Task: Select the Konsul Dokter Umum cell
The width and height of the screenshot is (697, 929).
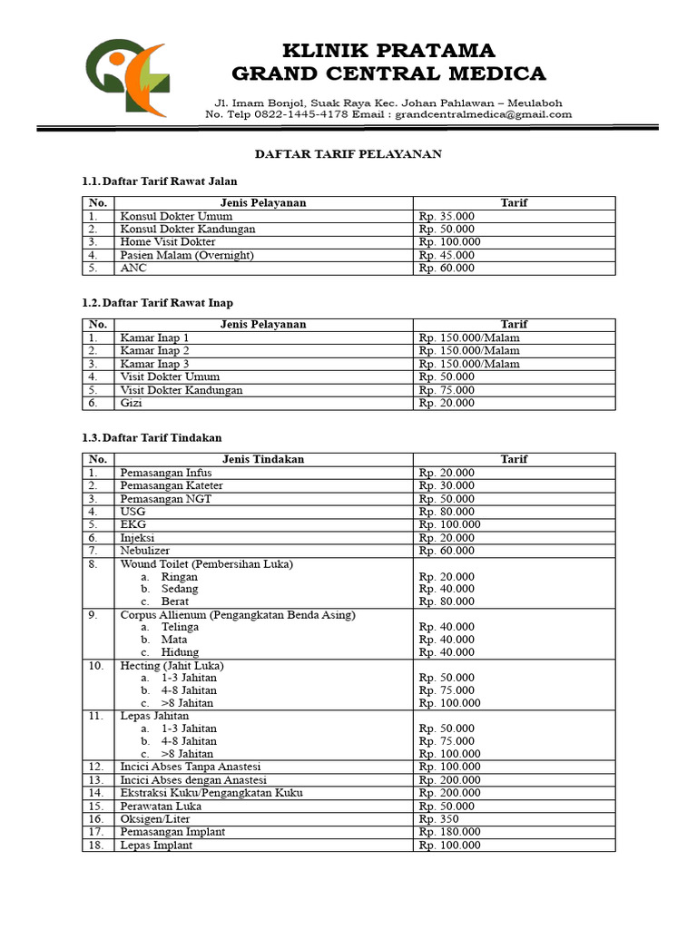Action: pyautogui.click(x=176, y=217)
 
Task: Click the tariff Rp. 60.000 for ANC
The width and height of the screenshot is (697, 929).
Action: pyautogui.click(x=447, y=269)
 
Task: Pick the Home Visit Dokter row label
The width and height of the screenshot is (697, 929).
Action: pyautogui.click(x=168, y=242)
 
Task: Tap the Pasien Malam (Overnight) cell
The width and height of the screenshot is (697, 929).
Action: pyautogui.click(x=187, y=256)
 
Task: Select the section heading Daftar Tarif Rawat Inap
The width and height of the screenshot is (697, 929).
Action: pyautogui.click(x=163, y=303)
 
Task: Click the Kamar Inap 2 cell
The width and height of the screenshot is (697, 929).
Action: pyautogui.click(x=155, y=350)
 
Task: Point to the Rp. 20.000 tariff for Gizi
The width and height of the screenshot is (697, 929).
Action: pyautogui.click(x=447, y=404)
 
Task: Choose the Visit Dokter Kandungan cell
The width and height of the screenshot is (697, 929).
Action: pyautogui.click(x=182, y=390)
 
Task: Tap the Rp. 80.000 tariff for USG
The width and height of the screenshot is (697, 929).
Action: pyautogui.click(x=447, y=512)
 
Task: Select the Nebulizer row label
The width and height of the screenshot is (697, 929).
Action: pyautogui.click(x=145, y=551)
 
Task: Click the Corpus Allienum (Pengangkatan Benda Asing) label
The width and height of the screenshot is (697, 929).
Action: pyautogui.click(x=238, y=615)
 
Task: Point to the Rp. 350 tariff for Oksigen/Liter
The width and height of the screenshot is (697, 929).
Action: pyautogui.click(x=439, y=819)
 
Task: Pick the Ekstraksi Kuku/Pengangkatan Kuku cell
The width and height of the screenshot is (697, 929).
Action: pyautogui.click(x=211, y=793)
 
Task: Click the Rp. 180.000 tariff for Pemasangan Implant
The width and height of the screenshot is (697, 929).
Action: pyautogui.click(x=449, y=832)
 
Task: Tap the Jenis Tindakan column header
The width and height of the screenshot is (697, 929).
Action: pyautogui.click(x=263, y=460)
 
